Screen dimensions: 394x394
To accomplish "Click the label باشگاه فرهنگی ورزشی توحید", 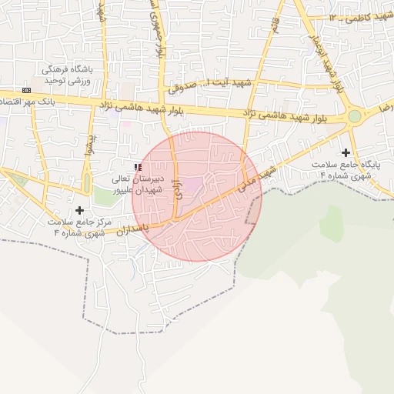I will (x=68, y=75).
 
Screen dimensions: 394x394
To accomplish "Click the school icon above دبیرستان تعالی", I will (x=138, y=166).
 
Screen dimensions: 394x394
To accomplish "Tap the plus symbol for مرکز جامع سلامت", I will (x=79, y=210).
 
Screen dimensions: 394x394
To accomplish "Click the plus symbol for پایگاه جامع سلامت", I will (x=346, y=153).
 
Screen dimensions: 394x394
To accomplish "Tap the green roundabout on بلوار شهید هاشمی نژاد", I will (x=354, y=116).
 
